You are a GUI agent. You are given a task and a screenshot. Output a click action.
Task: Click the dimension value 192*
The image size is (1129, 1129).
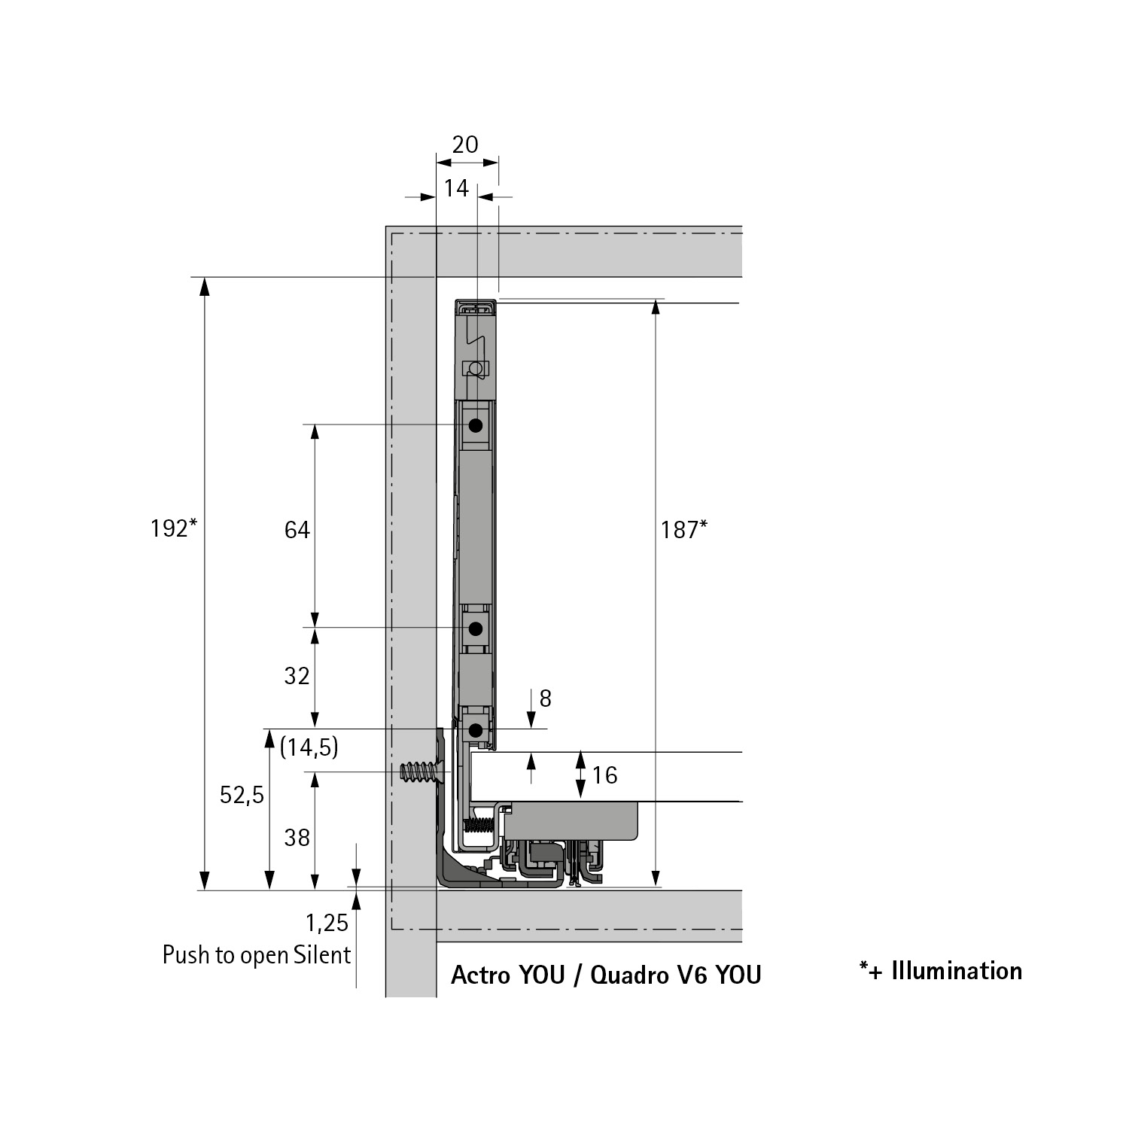(x=173, y=529)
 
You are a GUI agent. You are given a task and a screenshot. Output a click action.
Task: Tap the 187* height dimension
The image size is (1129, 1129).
(x=683, y=531)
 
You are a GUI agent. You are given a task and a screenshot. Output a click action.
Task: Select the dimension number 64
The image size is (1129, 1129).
(x=297, y=531)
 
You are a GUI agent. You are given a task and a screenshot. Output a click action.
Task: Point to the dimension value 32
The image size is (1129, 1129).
(x=297, y=676)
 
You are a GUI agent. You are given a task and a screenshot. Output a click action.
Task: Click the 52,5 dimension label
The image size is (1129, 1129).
(x=242, y=795)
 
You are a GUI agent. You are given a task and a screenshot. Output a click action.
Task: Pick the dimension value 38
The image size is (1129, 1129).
(x=297, y=838)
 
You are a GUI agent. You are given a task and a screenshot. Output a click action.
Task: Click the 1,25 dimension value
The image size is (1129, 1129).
(x=327, y=923)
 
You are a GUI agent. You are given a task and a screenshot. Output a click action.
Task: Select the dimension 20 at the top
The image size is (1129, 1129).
(x=465, y=145)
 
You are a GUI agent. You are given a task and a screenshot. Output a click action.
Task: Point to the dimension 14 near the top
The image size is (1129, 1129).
(x=456, y=188)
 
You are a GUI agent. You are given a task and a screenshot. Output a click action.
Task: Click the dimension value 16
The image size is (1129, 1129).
(x=604, y=775)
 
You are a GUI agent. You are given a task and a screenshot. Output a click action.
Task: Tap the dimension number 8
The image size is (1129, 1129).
(x=546, y=699)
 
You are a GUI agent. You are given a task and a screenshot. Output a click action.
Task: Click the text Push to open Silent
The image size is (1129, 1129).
(x=257, y=955)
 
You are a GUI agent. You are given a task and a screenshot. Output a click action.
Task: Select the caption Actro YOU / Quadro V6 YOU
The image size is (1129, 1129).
(x=606, y=975)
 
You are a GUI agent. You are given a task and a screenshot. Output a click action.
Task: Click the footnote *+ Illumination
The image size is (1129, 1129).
(x=941, y=971)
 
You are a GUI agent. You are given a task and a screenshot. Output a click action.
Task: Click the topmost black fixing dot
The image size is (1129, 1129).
(x=476, y=426)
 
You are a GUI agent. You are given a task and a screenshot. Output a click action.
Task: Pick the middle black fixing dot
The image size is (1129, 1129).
(x=476, y=628)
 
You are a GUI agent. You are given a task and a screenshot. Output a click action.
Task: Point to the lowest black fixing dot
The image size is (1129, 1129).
(x=476, y=729)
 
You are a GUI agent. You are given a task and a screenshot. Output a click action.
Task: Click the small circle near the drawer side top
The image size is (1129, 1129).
(x=475, y=368)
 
